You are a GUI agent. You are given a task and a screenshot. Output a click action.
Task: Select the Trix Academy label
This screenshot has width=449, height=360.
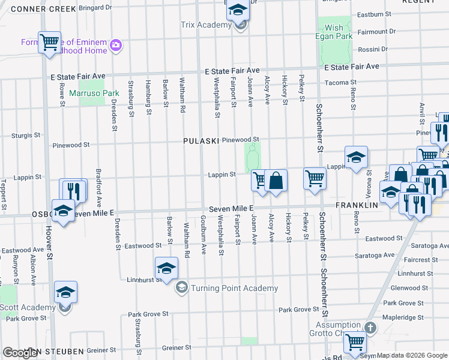(206, 25)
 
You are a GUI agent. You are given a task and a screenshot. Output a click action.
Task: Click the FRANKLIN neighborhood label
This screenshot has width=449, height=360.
(355, 205)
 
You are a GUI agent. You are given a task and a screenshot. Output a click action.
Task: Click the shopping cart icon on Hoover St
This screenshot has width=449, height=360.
(49, 42)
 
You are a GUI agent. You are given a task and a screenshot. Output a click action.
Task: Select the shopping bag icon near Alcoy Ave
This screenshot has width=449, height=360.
(276, 180)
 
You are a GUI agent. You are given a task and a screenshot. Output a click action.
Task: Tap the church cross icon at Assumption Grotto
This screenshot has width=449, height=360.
(370, 328)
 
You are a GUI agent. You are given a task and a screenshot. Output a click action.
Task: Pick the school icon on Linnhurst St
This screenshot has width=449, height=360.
(167, 268)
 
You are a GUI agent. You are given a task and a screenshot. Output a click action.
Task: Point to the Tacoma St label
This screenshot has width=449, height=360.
(340, 83)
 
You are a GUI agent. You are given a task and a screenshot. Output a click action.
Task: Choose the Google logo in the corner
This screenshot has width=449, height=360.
(21, 353)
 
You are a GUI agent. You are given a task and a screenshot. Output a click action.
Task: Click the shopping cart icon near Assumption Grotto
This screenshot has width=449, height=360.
(355, 341)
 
